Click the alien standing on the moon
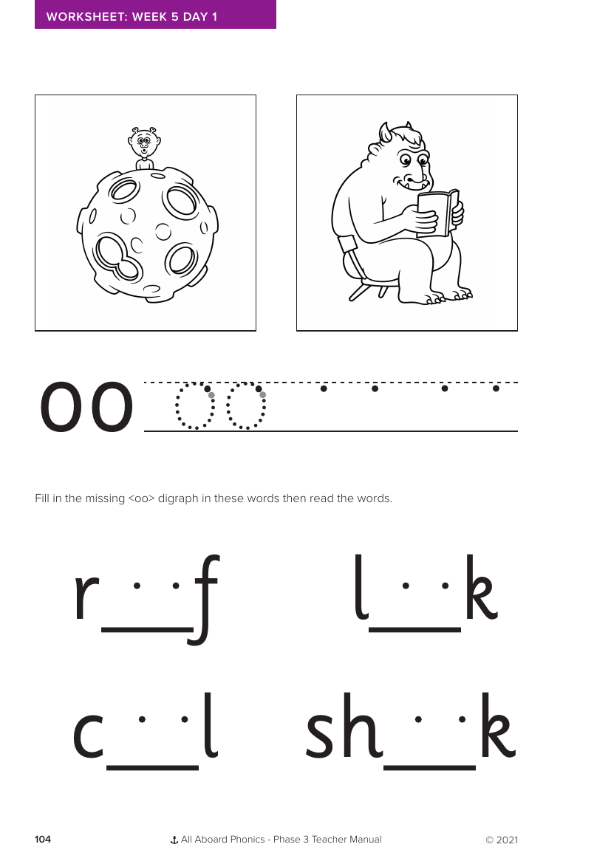click(x=145, y=148)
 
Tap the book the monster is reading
click(x=437, y=213)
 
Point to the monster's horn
click(x=385, y=132)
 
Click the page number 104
click(x=43, y=840)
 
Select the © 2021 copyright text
click(x=502, y=840)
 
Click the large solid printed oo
click(x=86, y=408)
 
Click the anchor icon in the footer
click(x=174, y=840)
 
